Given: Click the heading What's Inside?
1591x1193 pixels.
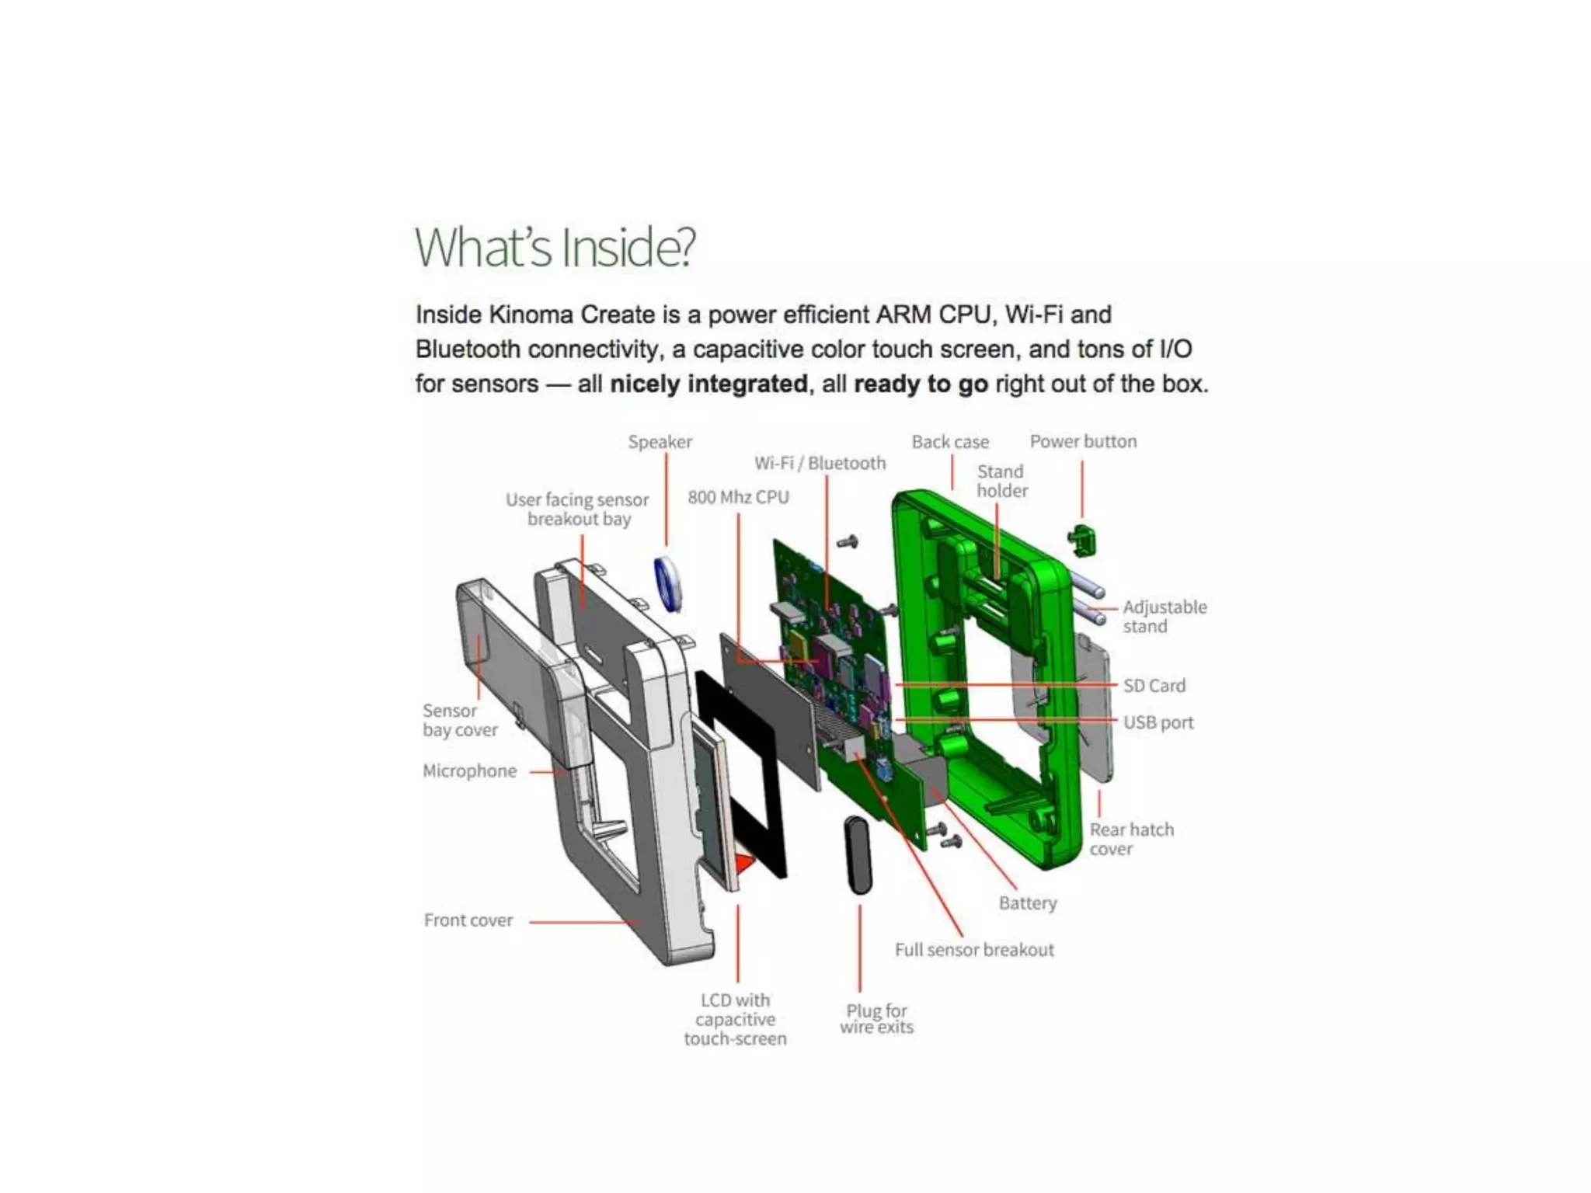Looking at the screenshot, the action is [x=555, y=248].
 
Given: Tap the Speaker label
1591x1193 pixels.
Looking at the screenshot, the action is [x=660, y=442].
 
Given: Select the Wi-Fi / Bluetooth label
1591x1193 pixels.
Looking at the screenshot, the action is [x=820, y=464].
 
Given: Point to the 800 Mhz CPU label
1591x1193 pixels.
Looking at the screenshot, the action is [x=738, y=497].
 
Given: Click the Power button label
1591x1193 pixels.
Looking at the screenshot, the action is [x=1083, y=441].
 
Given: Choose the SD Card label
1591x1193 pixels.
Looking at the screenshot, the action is [x=1154, y=686].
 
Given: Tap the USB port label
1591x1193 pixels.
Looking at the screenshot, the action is [x=1158, y=722].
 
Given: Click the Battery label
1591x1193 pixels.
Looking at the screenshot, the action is [x=1028, y=903].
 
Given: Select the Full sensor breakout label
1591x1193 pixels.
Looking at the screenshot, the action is [x=974, y=950].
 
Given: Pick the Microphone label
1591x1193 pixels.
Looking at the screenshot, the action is [x=469, y=771].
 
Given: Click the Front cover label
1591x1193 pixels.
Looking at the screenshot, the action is [x=468, y=920].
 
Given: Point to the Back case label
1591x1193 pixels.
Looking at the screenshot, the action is [x=950, y=442].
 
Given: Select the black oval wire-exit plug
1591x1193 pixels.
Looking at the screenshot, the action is [x=858, y=855].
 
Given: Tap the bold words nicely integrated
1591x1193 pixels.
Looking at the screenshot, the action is [x=708, y=384].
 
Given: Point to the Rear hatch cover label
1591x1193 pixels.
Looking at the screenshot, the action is [x=1131, y=840].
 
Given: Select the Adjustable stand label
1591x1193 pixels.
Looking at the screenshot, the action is [x=1165, y=617].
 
